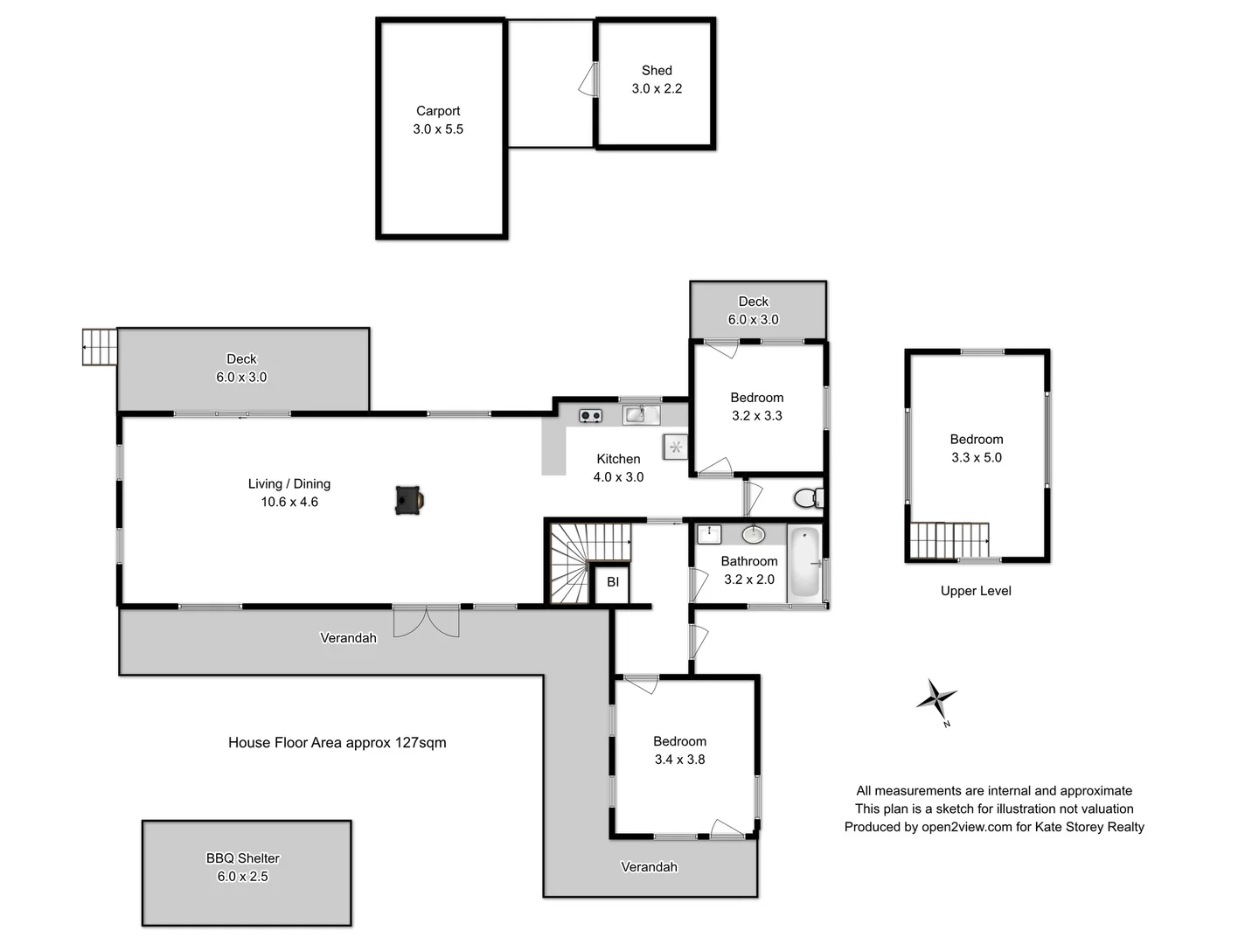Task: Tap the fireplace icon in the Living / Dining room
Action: [x=409, y=500]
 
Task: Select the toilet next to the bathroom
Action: [x=807, y=498]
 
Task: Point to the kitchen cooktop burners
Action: [x=591, y=415]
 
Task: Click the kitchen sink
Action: [x=641, y=414]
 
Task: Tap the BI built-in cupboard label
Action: [x=613, y=582]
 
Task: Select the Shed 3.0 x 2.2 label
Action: [x=657, y=80]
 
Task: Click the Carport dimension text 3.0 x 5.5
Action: [x=438, y=129]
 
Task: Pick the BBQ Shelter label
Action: [x=243, y=858]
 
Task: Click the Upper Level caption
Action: [x=976, y=591]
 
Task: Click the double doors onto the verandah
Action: [x=426, y=621]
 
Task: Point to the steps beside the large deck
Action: [x=100, y=347]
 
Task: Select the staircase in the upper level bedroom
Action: [x=949, y=540]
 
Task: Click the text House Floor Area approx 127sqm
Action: [x=337, y=743]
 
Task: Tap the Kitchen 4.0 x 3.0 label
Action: [x=618, y=468]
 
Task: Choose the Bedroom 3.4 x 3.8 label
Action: [x=679, y=750]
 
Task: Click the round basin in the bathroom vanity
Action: [x=753, y=534]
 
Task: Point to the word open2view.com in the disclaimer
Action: [x=966, y=827]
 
